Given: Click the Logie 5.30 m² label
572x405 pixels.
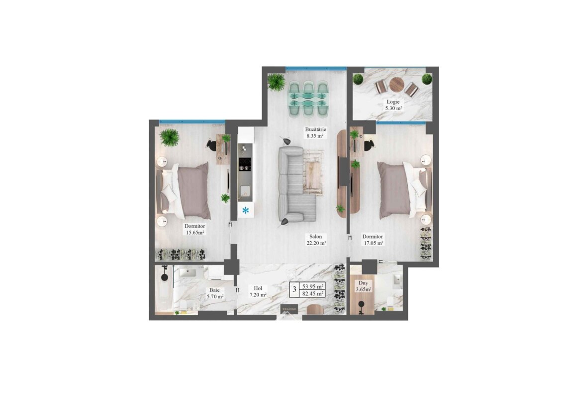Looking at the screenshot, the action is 393,105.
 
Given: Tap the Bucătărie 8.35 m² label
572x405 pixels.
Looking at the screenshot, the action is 315,133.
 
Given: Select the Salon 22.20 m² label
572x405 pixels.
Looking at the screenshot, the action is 316,240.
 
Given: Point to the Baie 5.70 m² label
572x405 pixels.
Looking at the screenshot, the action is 214,293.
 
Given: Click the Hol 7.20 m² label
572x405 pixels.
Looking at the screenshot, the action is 258,291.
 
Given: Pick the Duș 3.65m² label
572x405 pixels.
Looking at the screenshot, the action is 363,286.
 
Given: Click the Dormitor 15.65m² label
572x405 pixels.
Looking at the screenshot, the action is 194,229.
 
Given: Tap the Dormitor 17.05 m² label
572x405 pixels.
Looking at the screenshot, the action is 373,240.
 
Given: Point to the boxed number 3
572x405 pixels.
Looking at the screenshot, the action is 294,290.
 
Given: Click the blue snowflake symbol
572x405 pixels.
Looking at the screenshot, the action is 246,211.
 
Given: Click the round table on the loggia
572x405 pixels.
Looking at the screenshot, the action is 396,86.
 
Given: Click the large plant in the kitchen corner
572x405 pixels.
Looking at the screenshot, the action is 276,82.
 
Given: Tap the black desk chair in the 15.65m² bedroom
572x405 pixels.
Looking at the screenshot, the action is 211,145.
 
